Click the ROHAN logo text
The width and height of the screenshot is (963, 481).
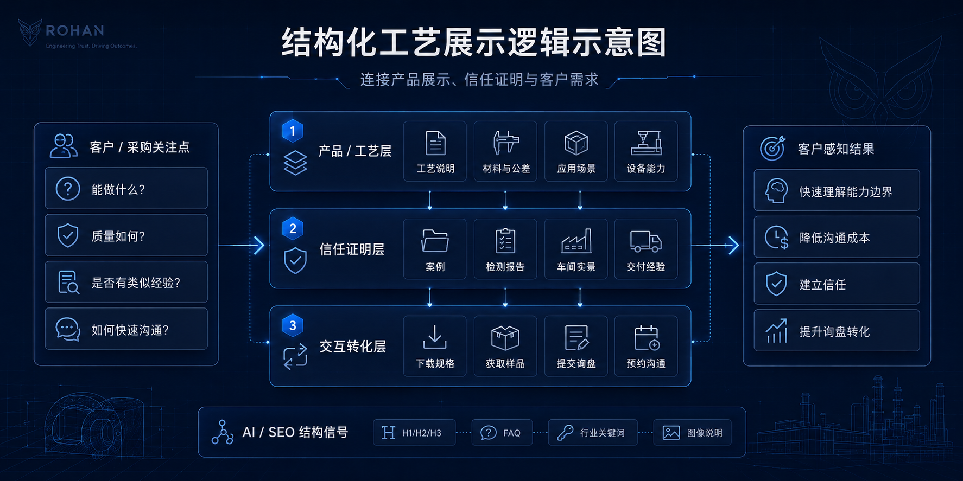click(75, 30)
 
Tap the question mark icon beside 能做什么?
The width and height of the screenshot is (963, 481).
click(68, 189)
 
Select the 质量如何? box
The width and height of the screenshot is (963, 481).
click(126, 235)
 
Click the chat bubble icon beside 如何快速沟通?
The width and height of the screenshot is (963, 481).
click(68, 329)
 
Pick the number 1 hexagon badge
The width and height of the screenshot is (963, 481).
click(293, 131)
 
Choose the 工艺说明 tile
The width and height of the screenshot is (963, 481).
click(435, 151)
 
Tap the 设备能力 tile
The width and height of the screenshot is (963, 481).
click(646, 151)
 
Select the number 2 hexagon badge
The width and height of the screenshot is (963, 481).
click(293, 228)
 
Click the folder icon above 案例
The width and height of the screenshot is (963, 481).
click(435, 241)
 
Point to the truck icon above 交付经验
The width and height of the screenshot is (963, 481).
click(646, 241)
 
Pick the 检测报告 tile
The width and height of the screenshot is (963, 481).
click(505, 249)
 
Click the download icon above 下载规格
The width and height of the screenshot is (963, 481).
click(435, 337)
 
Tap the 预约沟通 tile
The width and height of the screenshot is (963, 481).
click(646, 346)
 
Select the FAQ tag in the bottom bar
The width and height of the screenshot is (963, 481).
click(502, 433)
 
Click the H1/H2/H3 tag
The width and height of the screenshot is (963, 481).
click(414, 433)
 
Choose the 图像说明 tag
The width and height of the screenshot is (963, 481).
click(692, 433)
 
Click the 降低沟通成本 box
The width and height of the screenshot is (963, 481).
click(837, 237)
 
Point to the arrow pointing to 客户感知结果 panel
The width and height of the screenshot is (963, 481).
click(715, 246)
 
